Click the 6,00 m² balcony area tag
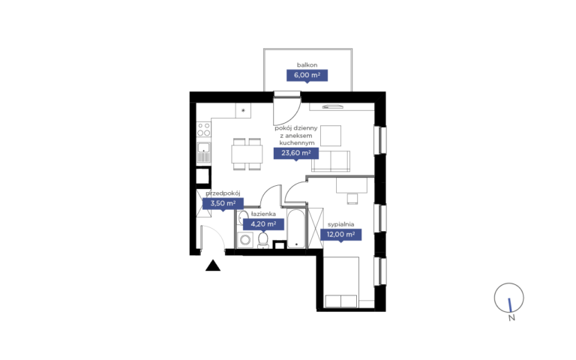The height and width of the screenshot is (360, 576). [x=307, y=76]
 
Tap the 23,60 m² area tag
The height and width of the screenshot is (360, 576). [x=296, y=153]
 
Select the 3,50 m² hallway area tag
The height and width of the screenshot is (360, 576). [x=223, y=203]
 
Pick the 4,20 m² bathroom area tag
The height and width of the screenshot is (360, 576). [x=263, y=224]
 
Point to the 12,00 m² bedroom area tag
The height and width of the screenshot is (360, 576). [x=341, y=234]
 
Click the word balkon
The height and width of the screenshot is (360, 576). [x=307, y=65]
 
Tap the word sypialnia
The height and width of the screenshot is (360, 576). [x=341, y=224]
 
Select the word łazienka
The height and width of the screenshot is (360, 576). [x=263, y=214]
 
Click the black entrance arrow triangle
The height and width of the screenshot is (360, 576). [x=213, y=265]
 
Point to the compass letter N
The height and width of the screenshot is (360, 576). [x=511, y=318]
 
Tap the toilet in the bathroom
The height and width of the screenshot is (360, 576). [x=263, y=240]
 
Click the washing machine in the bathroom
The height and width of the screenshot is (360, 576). [x=244, y=240]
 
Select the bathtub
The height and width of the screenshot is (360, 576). [x=296, y=229]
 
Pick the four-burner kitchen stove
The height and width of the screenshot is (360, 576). [x=204, y=130]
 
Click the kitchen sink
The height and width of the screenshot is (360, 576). [x=203, y=152]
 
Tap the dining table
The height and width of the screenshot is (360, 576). [x=247, y=154]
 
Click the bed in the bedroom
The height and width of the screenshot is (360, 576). [x=341, y=282]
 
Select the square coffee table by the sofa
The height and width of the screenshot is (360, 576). [x=331, y=136]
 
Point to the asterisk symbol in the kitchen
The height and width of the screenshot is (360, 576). [x=243, y=110]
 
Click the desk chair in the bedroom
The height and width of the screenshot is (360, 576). [x=352, y=198]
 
